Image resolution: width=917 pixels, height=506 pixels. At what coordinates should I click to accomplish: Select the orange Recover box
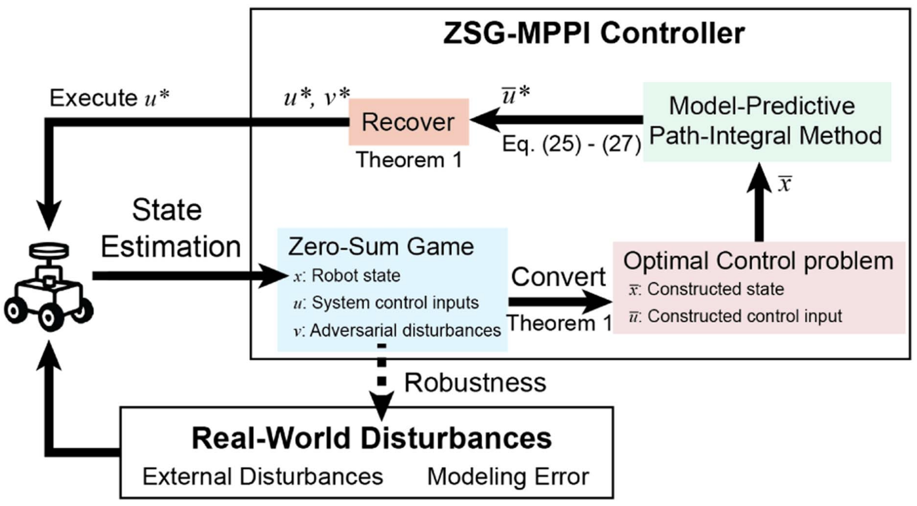(408, 122)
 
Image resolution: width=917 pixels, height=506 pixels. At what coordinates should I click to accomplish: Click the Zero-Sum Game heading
(381, 247)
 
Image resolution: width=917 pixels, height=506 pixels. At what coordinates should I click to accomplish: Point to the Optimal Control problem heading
(758, 261)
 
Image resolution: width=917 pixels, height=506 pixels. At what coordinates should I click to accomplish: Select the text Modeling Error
(508, 476)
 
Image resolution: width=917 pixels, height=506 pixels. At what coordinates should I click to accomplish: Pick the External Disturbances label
(263, 476)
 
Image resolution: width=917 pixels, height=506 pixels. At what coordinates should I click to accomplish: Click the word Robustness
(475, 383)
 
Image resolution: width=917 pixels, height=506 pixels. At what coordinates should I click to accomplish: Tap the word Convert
(558, 277)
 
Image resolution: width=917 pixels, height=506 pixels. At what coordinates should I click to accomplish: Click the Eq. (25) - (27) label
(571, 144)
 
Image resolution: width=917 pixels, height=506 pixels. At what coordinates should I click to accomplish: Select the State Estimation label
(170, 228)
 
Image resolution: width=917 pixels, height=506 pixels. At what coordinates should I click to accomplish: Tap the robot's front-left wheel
(14, 311)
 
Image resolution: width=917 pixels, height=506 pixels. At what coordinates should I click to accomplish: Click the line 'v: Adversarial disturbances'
(397, 331)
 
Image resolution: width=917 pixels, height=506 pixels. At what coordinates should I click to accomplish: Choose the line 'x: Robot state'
(347, 276)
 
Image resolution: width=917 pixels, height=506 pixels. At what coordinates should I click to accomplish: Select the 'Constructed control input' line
(735, 316)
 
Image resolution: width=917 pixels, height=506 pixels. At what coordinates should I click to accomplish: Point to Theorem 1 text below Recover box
(409, 160)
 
